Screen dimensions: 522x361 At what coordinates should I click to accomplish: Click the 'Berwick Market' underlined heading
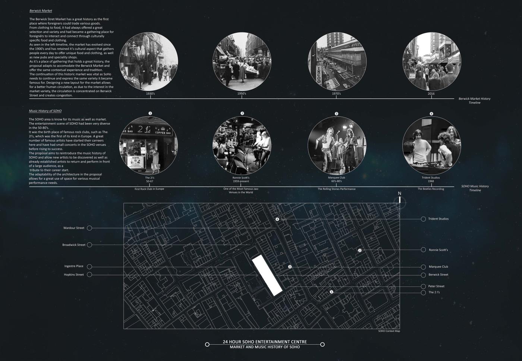[41, 11]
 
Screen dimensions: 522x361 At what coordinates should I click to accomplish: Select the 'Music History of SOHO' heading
[45, 111]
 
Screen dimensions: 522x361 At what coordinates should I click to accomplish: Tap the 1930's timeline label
[150, 94]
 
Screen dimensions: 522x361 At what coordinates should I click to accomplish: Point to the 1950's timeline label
[242, 94]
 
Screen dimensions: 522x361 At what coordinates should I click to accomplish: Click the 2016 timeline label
[431, 94]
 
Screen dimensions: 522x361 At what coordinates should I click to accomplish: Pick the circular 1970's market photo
[337, 62]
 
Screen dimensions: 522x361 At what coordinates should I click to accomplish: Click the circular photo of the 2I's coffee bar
[149, 146]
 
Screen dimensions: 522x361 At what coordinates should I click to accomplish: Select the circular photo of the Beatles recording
[432, 146]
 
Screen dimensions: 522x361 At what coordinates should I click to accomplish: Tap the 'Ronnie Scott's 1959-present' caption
[241, 179]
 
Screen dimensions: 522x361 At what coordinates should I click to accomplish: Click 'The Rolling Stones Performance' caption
[336, 189]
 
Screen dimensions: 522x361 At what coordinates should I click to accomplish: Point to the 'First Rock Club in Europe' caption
[150, 189]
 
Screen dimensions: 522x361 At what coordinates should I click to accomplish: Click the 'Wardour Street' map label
[74, 228]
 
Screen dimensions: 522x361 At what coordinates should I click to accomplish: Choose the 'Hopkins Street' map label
[74, 274]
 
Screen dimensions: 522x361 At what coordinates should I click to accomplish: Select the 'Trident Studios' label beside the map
[438, 219]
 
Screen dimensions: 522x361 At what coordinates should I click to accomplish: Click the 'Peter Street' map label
[436, 286]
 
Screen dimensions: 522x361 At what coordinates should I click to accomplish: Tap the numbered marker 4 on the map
[277, 219]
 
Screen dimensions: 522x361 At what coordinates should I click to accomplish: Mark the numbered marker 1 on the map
[331, 292]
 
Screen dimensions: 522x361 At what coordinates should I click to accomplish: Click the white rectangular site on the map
[267, 276]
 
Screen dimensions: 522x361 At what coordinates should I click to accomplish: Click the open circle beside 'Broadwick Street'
[89, 245]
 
